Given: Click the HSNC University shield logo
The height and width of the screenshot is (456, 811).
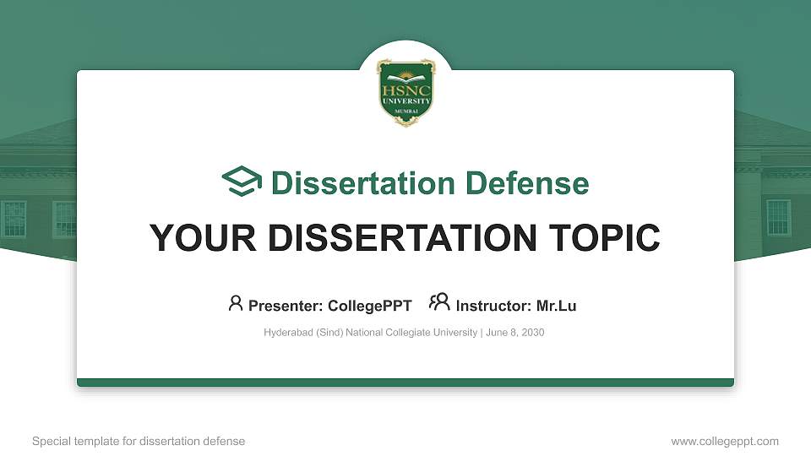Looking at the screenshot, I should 405,92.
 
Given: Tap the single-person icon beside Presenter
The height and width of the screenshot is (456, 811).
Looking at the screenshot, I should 236,302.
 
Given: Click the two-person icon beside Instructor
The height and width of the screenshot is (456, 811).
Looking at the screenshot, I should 439,302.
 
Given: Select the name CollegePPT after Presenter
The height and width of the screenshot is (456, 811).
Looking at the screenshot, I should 370,306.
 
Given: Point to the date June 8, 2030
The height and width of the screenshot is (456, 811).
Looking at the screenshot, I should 515,333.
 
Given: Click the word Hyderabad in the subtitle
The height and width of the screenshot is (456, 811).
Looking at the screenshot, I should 289,333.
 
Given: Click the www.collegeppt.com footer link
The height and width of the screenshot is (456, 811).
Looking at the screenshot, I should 725,441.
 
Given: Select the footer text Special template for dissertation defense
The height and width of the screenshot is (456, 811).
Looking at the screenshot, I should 139,441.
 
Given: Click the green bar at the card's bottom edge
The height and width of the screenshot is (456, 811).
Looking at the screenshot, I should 405,383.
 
